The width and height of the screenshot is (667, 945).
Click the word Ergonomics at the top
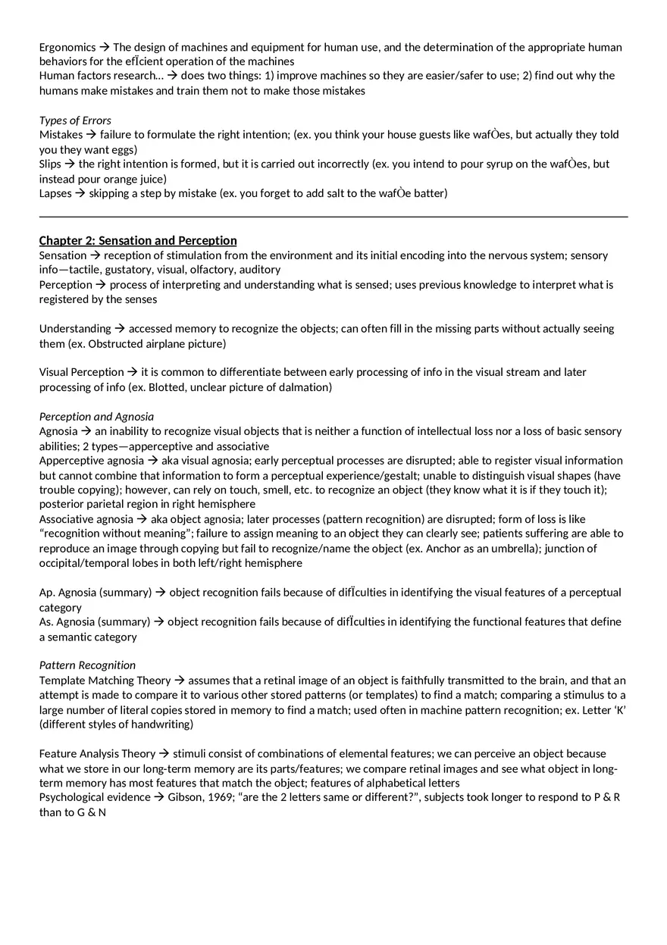click(x=67, y=47)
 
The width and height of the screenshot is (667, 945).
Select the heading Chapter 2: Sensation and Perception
click(x=138, y=240)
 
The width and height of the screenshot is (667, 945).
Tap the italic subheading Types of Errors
click(x=75, y=120)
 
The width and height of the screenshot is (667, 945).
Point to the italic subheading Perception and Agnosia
click(x=96, y=416)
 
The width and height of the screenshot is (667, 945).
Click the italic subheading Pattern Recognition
click(x=87, y=665)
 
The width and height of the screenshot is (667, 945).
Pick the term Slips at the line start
click(x=50, y=164)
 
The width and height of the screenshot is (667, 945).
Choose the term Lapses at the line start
click(x=55, y=193)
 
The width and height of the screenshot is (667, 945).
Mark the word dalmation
click(x=306, y=387)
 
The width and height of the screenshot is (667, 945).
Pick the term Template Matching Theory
click(x=105, y=680)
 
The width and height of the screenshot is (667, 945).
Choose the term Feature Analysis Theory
click(x=97, y=753)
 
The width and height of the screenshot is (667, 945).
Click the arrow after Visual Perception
click(x=132, y=372)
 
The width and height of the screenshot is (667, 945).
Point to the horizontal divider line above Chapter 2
click(x=333, y=217)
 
